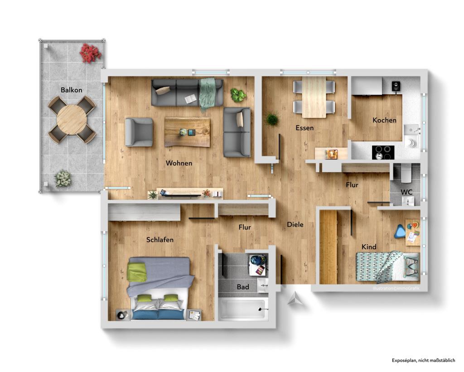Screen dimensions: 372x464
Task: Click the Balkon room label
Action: pos(72,90)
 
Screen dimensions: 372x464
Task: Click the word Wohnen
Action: pos(179,163)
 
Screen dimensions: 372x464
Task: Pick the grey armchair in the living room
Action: pos(138,132)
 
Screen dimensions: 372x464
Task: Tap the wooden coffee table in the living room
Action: pos(187,132)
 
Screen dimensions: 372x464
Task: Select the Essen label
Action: pos(304,128)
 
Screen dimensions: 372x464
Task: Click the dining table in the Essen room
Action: pos(314,97)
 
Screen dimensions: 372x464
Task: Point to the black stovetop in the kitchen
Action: pos(383,152)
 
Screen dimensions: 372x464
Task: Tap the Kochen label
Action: pos(384,120)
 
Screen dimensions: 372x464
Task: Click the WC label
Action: pos(406,192)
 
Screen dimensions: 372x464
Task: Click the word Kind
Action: pos(368,246)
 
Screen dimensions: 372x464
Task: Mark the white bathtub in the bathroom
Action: pos(243,309)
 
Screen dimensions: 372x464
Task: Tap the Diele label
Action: pos(295,224)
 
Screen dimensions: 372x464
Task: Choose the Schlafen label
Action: pos(159,240)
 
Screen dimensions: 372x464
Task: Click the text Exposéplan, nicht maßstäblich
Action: pos(423,360)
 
